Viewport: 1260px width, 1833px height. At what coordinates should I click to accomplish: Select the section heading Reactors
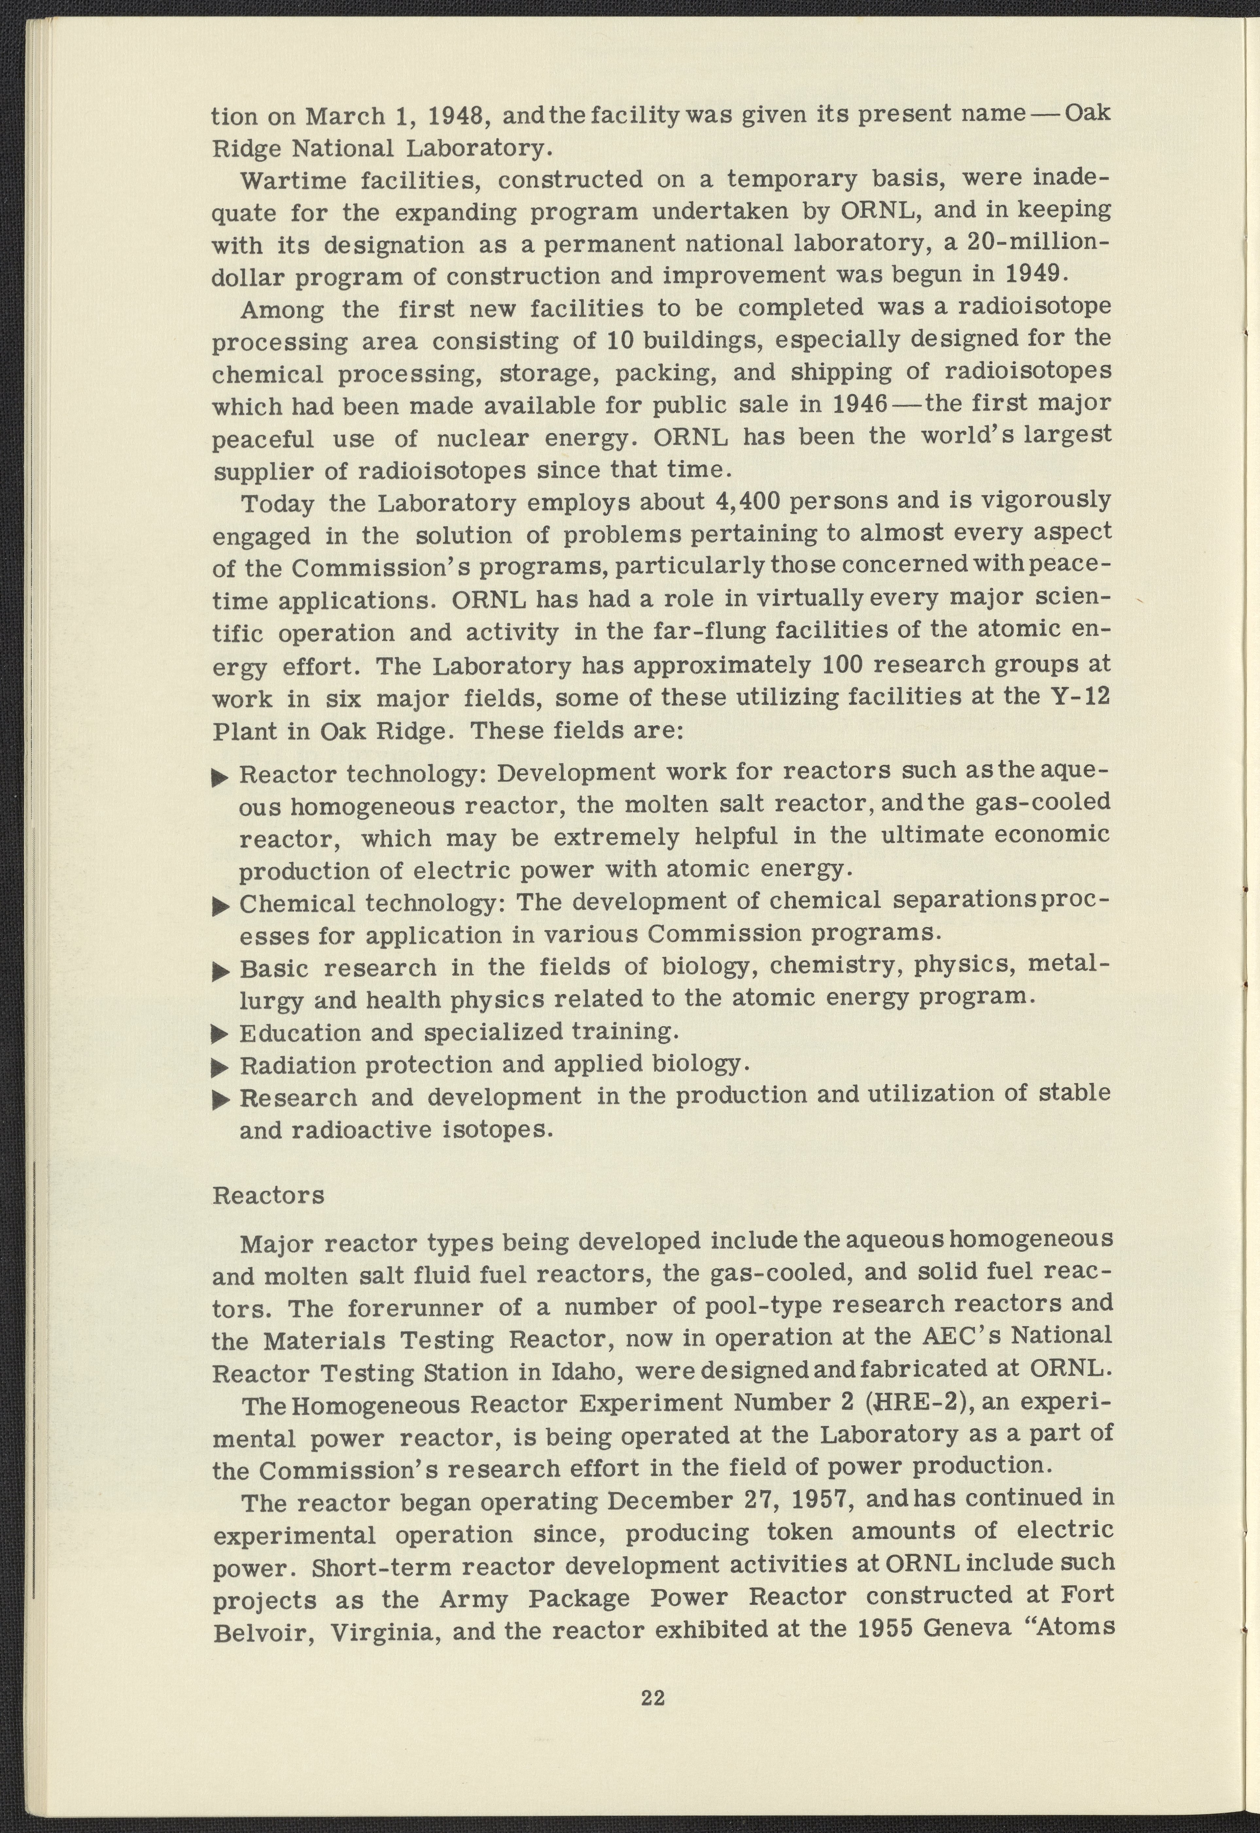(269, 1196)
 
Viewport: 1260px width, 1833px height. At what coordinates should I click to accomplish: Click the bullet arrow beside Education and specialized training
(220, 1034)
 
